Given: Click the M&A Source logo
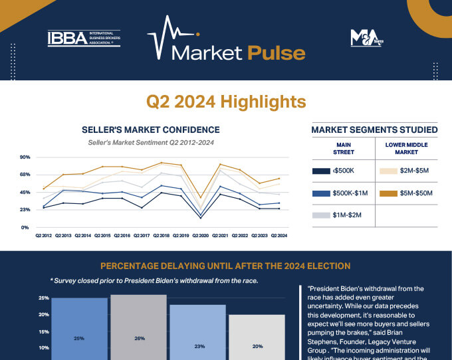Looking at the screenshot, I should pos(363,39).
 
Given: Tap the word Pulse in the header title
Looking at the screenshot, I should pos(276,52).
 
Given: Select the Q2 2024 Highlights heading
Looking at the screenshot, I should pos(226,102).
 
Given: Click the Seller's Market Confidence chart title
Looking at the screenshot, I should pos(150,130).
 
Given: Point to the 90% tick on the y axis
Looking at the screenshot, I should pos(25,157).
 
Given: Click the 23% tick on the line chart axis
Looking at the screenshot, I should pos(25,210).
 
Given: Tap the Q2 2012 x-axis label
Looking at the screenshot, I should pos(43,236).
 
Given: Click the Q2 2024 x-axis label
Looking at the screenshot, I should pos(279,236).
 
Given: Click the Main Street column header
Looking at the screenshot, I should pos(344,147).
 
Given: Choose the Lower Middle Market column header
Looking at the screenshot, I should pos(406,147).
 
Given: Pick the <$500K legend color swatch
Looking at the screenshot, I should pos(321,171).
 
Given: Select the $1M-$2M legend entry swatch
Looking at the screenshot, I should pos(321,216).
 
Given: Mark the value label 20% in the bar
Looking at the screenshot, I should pos(257,346).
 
